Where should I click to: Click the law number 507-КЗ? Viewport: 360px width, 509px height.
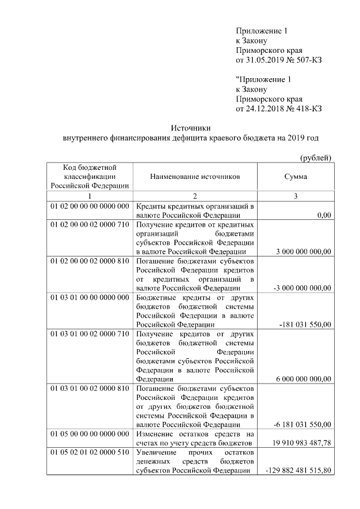coord(309,60)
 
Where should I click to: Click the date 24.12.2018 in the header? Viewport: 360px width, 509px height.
coord(267,109)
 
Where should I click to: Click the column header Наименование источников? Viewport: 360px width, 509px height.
coord(195,177)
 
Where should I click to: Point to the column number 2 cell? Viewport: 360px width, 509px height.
coord(195,196)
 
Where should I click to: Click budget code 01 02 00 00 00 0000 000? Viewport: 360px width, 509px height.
coord(89,206)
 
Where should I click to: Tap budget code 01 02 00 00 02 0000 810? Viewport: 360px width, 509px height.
coord(89,262)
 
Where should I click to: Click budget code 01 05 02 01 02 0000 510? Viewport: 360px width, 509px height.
coord(89,452)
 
